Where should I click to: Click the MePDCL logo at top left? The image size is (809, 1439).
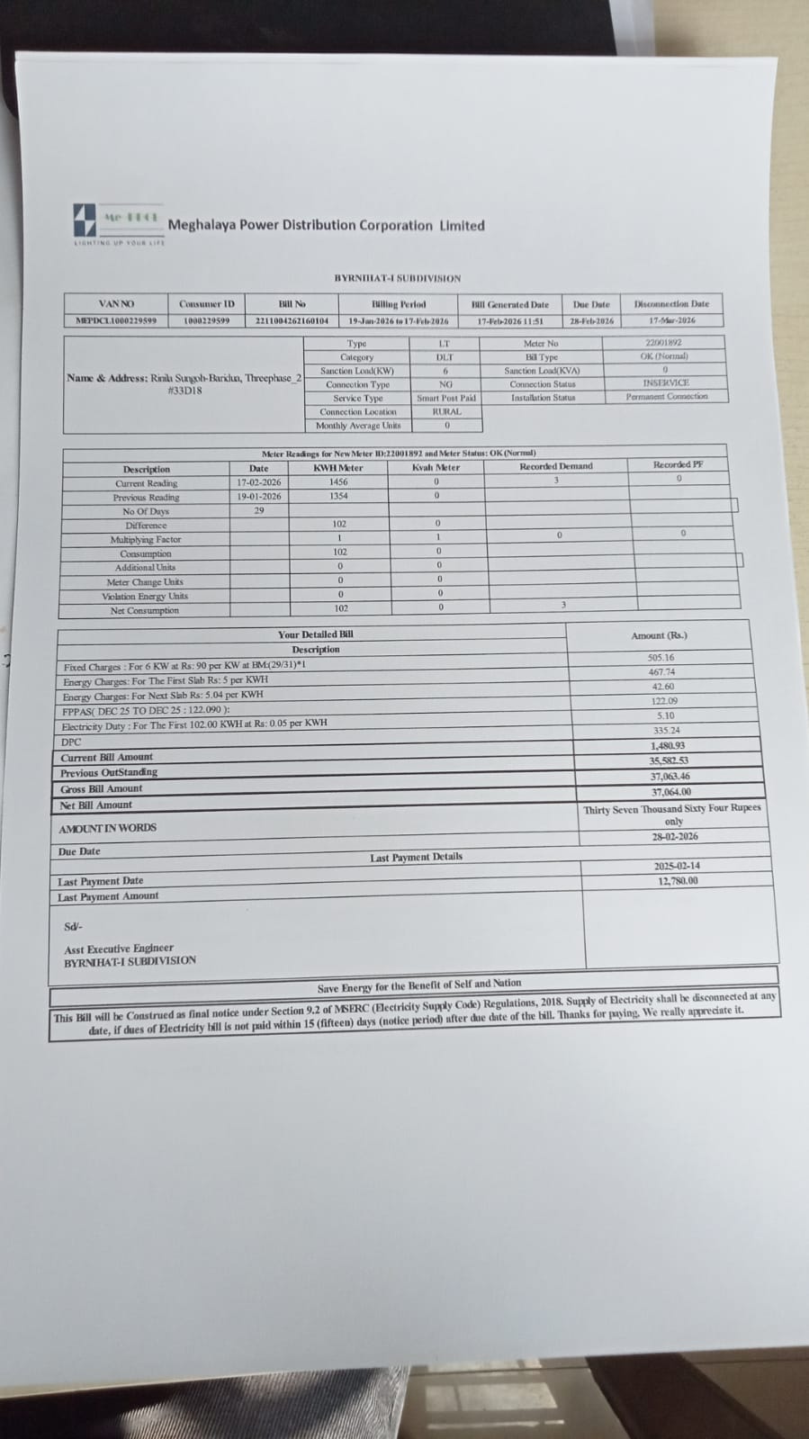click(85, 222)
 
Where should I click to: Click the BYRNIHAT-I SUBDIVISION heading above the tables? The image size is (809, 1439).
click(397, 278)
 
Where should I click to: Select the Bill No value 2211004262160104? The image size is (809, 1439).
click(292, 320)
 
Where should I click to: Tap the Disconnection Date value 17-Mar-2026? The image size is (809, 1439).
click(671, 320)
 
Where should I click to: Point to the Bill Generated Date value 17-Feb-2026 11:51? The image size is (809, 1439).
click(509, 320)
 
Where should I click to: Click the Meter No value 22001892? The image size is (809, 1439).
click(663, 343)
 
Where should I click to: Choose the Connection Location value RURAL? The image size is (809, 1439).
click(446, 411)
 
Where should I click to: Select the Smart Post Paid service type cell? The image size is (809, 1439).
click(445, 398)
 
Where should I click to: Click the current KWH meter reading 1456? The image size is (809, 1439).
click(338, 482)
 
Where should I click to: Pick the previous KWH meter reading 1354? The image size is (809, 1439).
click(338, 496)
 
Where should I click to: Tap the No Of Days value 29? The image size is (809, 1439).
click(259, 510)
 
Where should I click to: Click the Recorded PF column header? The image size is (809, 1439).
click(678, 464)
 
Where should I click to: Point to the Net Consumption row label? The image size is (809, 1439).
click(144, 611)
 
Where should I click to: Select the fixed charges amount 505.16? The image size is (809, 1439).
click(661, 658)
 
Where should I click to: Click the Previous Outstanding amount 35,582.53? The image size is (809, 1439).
click(669, 760)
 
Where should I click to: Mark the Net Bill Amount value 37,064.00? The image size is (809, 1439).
click(670, 792)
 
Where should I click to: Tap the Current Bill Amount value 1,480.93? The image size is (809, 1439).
click(667, 746)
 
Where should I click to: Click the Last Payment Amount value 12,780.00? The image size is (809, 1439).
click(678, 881)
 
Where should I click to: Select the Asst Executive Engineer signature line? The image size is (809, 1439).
click(119, 949)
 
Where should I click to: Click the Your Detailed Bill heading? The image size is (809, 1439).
click(315, 634)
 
